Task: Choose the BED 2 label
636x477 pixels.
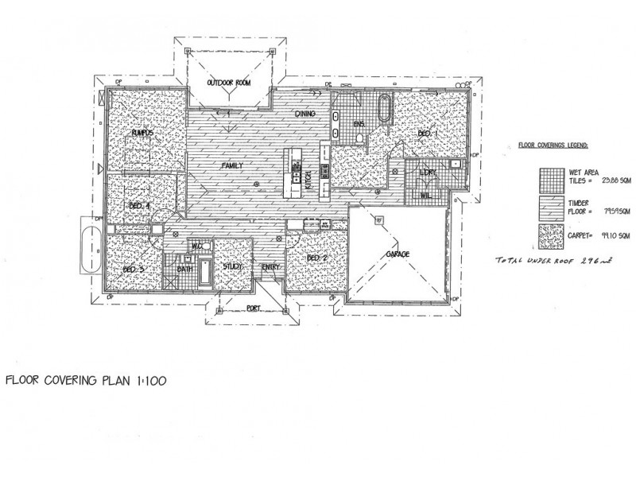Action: [317, 259]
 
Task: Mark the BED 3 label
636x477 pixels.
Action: [133, 269]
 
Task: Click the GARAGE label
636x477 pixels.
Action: [398, 254]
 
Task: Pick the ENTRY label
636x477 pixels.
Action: [271, 267]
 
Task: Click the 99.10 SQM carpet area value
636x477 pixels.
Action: [611, 235]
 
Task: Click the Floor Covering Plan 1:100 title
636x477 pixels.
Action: [86, 381]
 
